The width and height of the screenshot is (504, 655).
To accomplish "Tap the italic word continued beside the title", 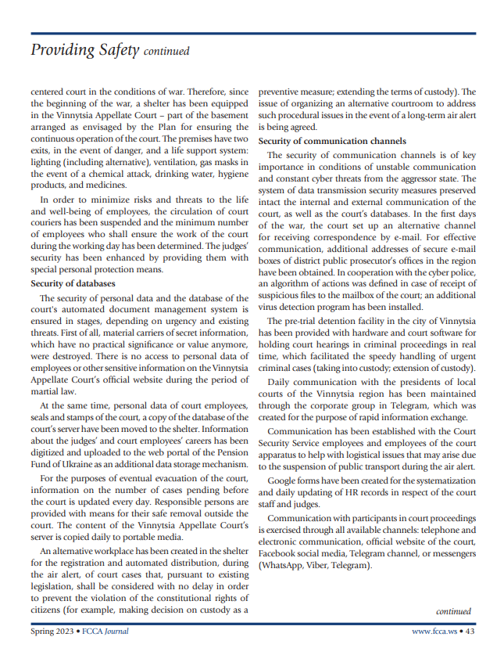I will (166, 53).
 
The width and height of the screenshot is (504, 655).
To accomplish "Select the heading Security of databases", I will (73, 283).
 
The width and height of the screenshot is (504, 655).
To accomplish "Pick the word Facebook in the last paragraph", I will (280, 553).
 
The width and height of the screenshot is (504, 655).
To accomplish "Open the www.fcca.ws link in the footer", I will (434, 631).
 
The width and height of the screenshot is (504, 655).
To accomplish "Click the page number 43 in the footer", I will (471, 631).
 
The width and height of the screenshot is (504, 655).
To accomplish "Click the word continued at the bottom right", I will (453, 611).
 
